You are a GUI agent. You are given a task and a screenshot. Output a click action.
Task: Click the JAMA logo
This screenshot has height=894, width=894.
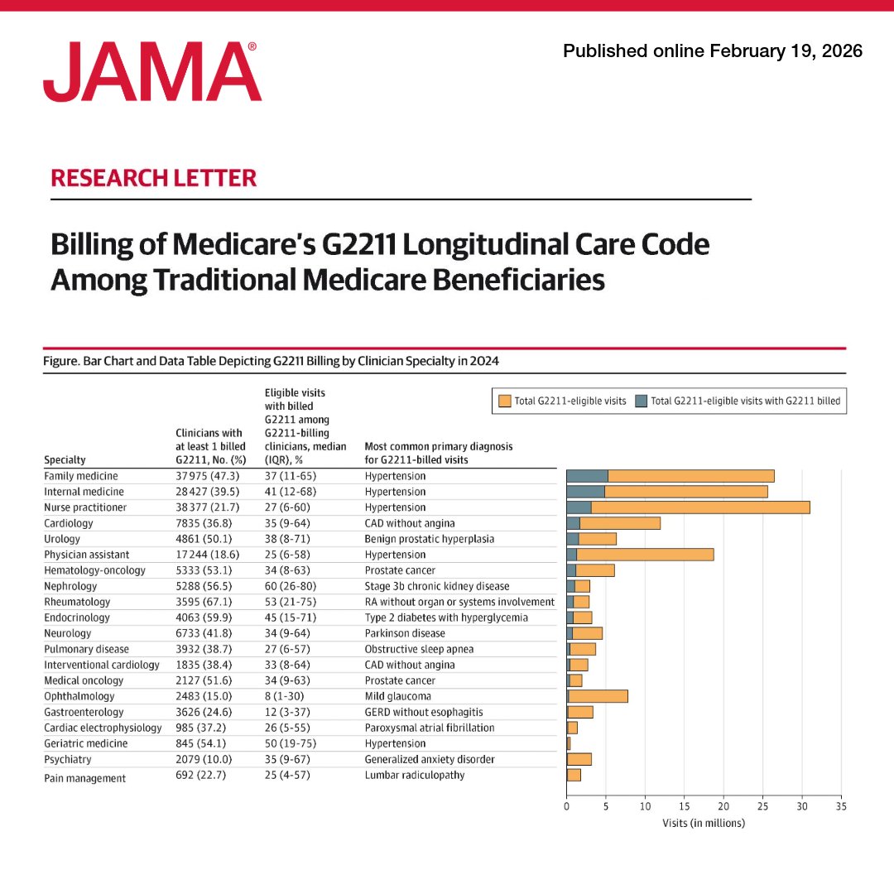coord(152,73)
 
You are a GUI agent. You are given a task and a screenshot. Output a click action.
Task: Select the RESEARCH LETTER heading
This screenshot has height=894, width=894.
coord(153,178)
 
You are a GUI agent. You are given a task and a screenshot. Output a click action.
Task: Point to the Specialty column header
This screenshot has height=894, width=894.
coord(65,459)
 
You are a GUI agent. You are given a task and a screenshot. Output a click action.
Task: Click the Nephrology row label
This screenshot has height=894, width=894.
coord(72,586)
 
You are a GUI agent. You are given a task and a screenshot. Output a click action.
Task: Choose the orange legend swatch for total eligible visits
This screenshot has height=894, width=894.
coord(504,401)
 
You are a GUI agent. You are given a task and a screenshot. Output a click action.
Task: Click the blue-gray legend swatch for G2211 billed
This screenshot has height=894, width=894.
coord(641,401)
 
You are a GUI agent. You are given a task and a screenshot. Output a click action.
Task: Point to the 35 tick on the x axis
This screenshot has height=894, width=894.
coord(840,805)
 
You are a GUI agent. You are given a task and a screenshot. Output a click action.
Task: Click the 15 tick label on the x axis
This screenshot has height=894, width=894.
coord(684,805)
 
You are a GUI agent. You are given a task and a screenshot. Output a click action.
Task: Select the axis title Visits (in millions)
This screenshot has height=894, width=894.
coord(703,823)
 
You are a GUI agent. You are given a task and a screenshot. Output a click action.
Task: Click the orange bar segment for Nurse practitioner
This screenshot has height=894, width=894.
coord(700,507)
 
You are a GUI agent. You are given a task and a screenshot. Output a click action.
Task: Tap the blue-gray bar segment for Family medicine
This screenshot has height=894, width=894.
coord(587,476)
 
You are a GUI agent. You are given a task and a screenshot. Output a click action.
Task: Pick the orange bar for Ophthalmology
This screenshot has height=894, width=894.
coord(598,696)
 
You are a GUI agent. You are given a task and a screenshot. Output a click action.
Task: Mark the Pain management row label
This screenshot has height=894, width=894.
coord(84,778)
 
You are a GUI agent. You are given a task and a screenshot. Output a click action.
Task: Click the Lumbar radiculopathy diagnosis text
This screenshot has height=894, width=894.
coord(414,775)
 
